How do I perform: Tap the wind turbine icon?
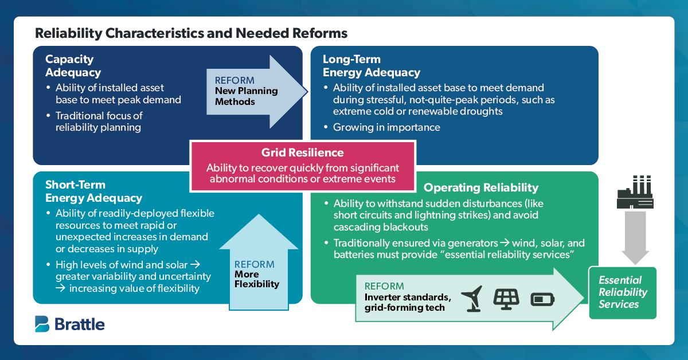click(471, 298)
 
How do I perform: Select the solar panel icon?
click(506, 298)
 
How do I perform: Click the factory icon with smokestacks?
click(634, 191)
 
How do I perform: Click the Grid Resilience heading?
click(302, 152)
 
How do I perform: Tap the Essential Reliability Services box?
click(623, 292)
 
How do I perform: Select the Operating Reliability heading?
click(480, 187)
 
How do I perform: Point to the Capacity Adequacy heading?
click(73, 66)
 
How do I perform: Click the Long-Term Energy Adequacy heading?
click(371, 66)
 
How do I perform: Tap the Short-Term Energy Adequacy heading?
click(93, 191)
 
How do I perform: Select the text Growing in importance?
click(386, 127)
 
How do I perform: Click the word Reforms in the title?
click(322, 33)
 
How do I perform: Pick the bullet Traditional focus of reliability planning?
click(99, 121)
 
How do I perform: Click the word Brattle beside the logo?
click(80, 324)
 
